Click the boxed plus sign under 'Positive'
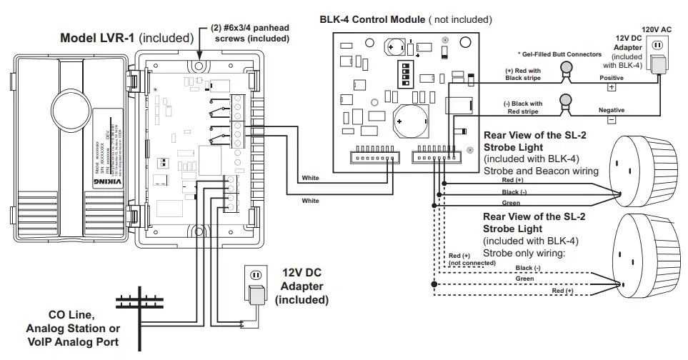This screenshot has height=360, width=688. tap(611, 87)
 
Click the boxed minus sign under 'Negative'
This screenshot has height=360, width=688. tap(611, 120)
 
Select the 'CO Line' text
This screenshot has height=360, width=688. tap(72, 315)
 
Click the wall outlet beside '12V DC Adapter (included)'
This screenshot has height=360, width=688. tap(255, 275)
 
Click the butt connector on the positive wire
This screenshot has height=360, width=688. tap(567, 69)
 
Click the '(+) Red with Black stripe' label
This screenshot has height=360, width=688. tap(523, 75)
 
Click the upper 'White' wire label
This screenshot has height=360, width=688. tap(310, 178)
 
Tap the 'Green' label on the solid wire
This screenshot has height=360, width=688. tap(511, 203)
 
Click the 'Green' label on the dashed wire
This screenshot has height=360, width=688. tap(525, 279)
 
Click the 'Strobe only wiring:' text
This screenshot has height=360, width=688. tap(525, 253)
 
